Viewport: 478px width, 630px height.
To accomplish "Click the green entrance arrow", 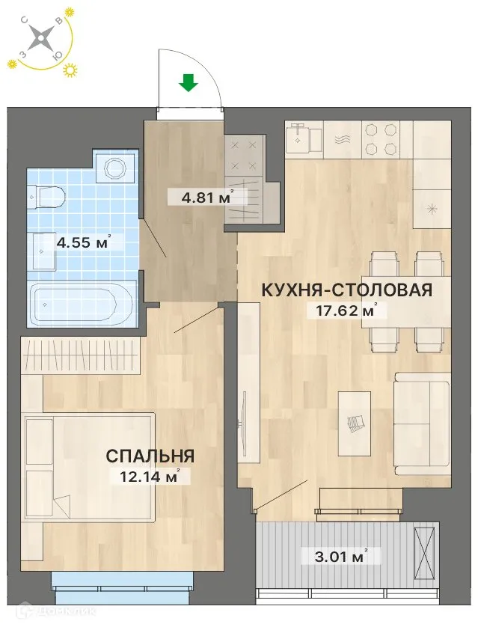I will [x=189, y=82].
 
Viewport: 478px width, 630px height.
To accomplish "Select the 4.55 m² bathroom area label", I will [x=83, y=242].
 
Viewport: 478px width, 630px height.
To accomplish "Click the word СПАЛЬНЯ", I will [x=150, y=456].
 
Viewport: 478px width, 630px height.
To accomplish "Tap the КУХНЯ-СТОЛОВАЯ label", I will [x=346, y=290].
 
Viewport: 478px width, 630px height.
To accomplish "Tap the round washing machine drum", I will [x=115, y=168].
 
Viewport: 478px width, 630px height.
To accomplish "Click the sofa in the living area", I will [x=422, y=423].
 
